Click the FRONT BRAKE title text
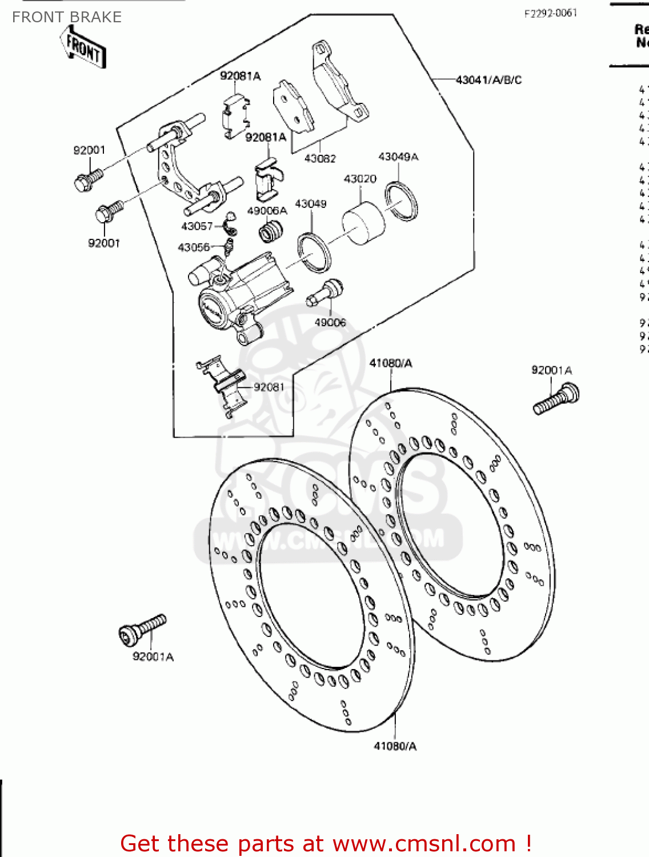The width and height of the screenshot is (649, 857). pos(67,17)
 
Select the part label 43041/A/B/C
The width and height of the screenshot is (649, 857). pos(488,80)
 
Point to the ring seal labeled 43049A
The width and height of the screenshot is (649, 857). pos(401,201)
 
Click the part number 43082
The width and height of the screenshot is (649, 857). pos(320,158)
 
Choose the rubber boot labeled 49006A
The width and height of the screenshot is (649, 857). pos(271,230)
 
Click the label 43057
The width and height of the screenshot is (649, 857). pos(197,226)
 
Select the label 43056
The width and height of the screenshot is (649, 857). pos(194,247)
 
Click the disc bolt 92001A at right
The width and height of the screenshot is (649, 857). pos(556,399)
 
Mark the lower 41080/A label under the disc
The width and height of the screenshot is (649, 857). pos(395,746)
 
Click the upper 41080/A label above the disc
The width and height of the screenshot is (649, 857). pos(391,363)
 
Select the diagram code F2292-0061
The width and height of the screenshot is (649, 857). pos(550,13)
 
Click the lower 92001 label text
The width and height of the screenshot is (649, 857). pos(104,243)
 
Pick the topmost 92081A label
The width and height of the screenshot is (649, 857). pos(240,76)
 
